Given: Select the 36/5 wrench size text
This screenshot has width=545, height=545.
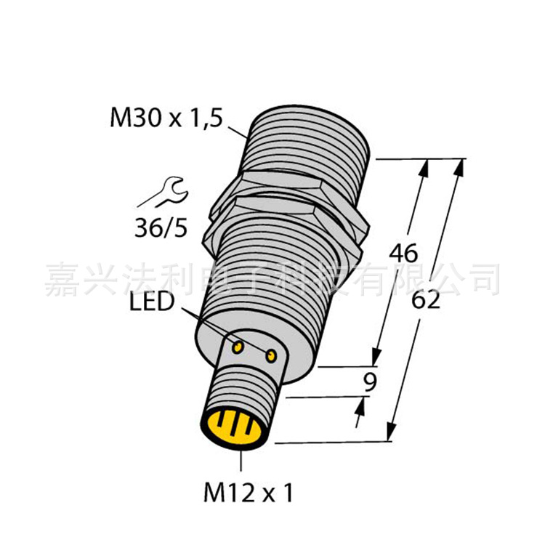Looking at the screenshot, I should coord(161,229).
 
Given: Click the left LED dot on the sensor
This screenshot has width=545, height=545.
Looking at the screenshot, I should coord(238,348).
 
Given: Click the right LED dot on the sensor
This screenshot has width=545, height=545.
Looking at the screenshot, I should coord(272,355).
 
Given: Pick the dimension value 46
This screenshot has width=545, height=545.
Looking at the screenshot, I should coord(403,254).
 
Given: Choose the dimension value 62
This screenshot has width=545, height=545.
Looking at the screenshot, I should coord(426,300).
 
